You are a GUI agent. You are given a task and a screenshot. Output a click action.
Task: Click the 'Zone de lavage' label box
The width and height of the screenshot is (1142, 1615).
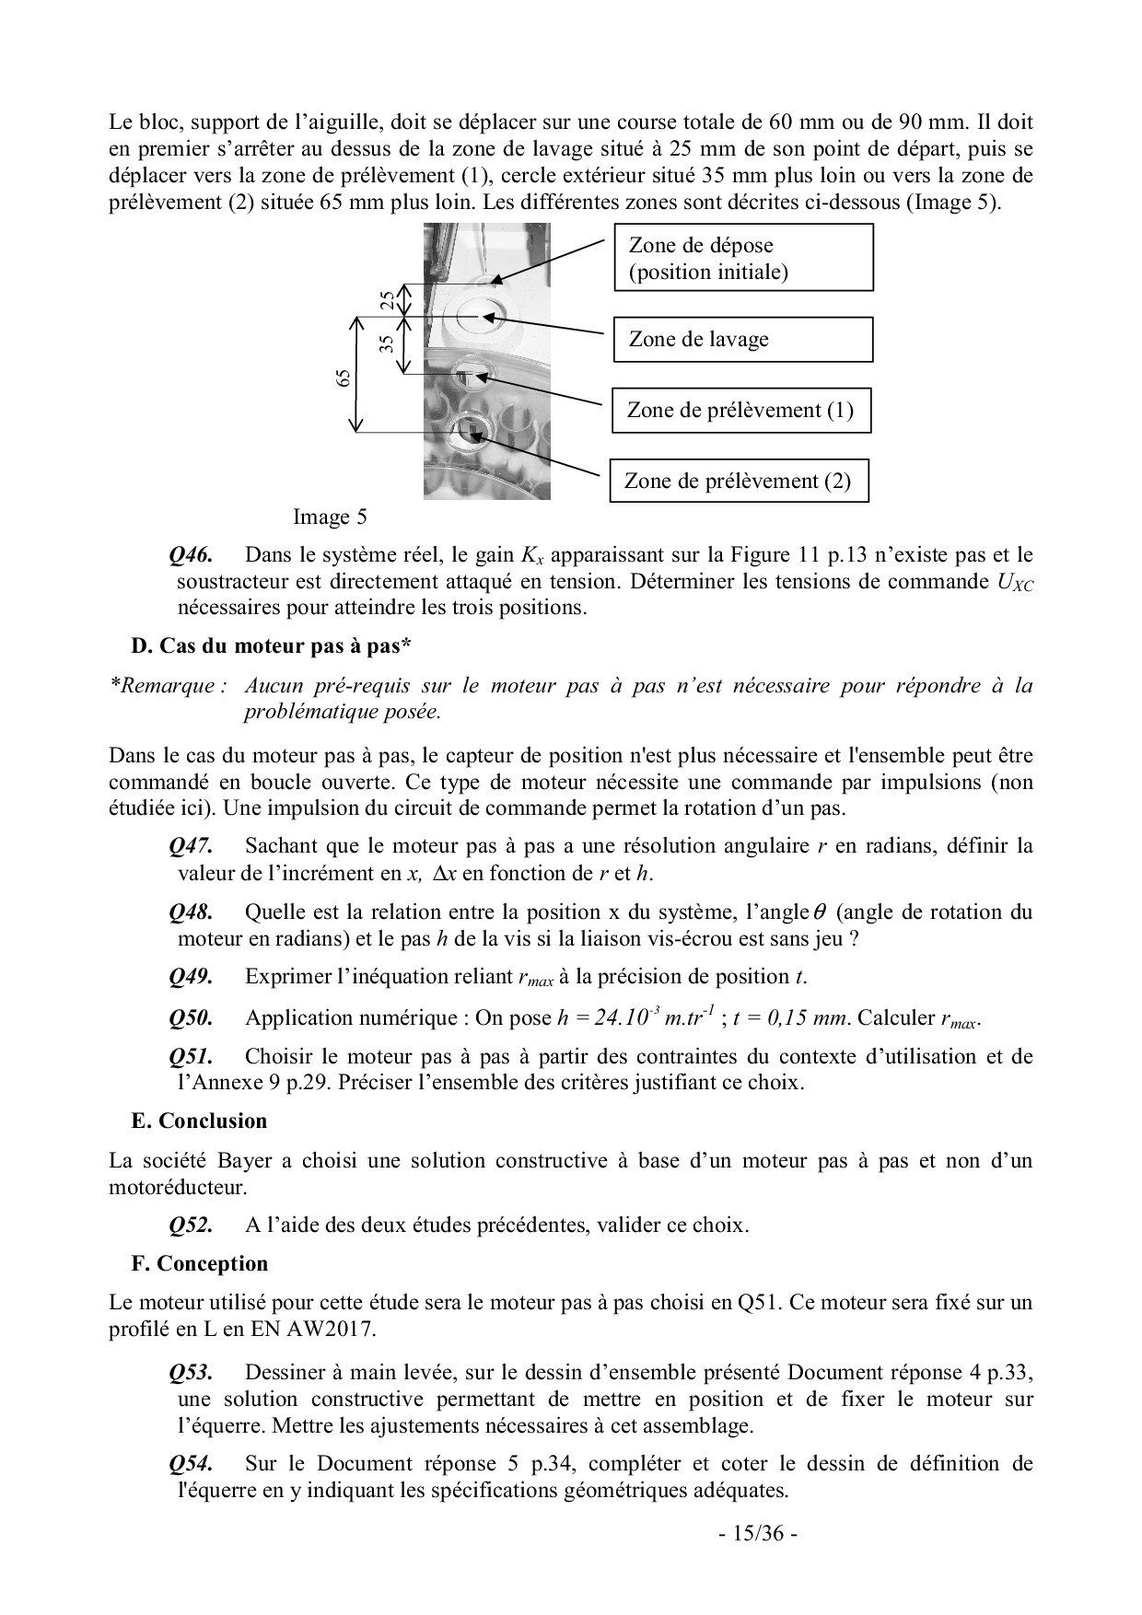point(742,339)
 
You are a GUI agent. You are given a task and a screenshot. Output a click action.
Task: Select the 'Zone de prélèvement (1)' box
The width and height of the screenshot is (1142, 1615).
point(740,410)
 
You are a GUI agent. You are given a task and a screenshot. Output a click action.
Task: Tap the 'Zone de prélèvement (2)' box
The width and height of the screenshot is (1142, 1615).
point(739,481)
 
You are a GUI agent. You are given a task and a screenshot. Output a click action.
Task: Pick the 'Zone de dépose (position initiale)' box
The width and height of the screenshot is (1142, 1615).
point(742,259)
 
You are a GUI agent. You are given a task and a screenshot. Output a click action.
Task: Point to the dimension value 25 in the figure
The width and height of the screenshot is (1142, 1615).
point(388,299)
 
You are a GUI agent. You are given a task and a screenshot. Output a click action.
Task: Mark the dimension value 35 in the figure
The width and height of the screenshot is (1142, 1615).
point(388,343)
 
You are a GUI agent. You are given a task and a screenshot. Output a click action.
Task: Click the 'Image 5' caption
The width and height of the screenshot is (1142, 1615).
point(330,517)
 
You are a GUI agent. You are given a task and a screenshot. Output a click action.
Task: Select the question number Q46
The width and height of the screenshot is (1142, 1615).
point(192,555)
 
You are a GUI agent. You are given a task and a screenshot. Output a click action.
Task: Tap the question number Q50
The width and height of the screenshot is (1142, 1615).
point(192,1017)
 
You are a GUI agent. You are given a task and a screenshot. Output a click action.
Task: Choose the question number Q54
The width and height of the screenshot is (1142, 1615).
point(192,1463)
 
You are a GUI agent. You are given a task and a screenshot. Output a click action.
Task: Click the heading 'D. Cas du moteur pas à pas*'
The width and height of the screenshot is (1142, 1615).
point(271,646)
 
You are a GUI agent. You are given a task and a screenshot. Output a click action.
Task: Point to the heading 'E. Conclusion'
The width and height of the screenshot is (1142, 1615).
point(199,1121)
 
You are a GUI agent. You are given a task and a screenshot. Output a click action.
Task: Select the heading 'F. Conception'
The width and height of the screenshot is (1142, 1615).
point(200,1263)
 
